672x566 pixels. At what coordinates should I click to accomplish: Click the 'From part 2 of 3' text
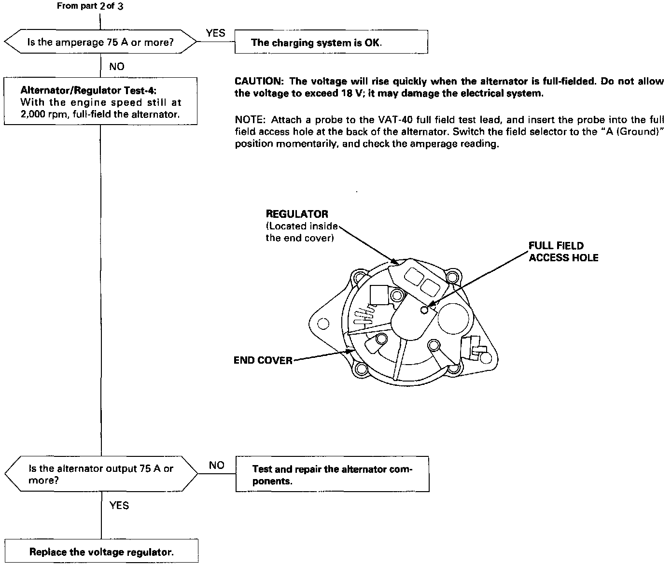pyautogui.click(x=90, y=7)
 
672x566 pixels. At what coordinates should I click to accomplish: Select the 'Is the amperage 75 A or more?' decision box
pyautogui.click(x=100, y=42)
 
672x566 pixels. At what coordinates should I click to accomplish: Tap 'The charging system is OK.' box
pyautogui.click(x=331, y=42)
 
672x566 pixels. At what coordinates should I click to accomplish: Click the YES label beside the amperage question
pyautogui.click(x=215, y=33)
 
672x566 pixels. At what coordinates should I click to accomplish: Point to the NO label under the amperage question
pyautogui.click(x=116, y=67)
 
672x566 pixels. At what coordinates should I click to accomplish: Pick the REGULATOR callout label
pyautogui.click(x=297, y=214)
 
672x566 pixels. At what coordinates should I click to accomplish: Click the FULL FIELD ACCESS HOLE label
pyautogui.click(x=563, y=252)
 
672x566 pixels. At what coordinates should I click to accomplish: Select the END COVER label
pyautogui.click(x=263, y=360)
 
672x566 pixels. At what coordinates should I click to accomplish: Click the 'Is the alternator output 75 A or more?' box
pyautogui.click(x=100, y=474)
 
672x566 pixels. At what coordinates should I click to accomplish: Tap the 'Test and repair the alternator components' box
pyautogui.click(x=333, y=475)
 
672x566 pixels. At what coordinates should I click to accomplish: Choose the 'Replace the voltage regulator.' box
pyautogui.click(x=101, y=552)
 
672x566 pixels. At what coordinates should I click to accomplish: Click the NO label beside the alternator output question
pyautogui.click(x=217, y=465)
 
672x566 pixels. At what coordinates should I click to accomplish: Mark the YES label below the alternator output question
pyautogui.click(x=119, y=506)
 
